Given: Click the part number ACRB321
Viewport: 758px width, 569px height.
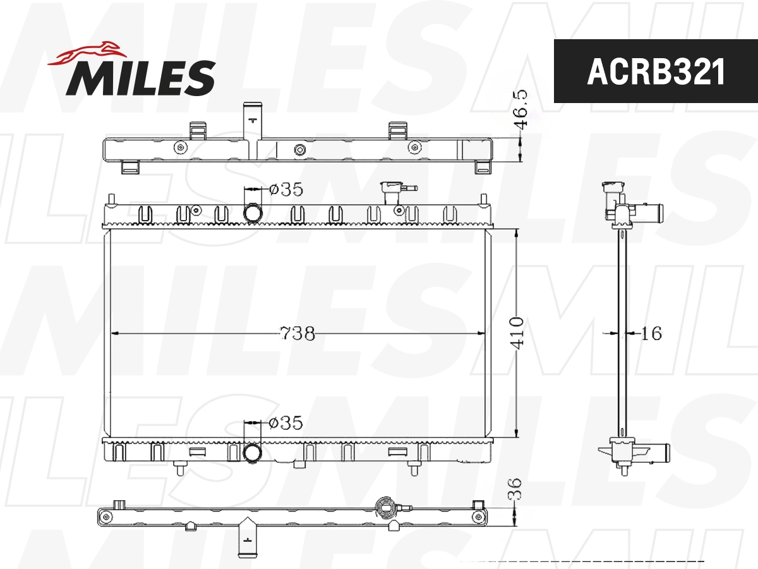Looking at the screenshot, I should [656, 72].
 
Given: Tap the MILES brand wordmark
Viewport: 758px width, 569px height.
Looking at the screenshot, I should [141, 77].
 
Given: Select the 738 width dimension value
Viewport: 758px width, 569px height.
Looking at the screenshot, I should [298, 333].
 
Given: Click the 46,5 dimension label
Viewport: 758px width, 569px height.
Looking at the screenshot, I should [521, 109].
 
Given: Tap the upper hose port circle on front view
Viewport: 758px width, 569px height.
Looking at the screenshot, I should [253, 213].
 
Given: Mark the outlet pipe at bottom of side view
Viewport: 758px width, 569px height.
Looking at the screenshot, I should [654, 451].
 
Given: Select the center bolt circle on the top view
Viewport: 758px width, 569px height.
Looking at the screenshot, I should [299, 150].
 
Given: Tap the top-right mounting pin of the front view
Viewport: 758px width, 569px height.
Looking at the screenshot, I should [484, 200].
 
